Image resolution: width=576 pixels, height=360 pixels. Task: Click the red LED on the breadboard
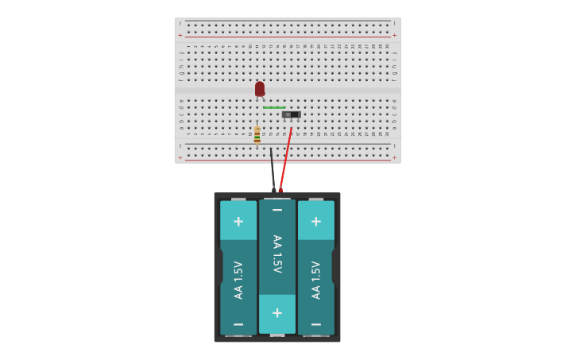260,88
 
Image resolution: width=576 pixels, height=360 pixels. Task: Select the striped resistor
257,134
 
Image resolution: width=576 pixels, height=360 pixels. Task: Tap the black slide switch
292,114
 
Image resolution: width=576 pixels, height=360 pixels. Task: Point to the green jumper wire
274,107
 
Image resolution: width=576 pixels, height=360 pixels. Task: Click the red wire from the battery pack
286,159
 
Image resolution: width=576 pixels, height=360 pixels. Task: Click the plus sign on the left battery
238,221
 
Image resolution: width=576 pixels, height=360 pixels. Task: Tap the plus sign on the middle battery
277,313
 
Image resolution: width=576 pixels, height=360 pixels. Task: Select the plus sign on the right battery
316,221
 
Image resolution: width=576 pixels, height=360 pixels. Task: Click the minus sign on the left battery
238,324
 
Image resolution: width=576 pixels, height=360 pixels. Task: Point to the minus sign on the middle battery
277,210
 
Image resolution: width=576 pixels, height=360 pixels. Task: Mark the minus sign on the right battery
316,324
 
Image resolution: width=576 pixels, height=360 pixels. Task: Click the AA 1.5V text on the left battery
238,280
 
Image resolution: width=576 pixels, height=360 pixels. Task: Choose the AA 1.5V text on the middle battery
277,254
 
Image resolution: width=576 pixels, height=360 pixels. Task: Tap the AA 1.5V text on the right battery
316,280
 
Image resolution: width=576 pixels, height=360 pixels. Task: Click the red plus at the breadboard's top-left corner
180,35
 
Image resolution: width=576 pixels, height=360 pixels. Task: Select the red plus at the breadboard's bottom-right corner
394,157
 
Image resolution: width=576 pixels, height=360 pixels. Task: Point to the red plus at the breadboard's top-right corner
394,35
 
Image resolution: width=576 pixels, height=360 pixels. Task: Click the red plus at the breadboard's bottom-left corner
180,157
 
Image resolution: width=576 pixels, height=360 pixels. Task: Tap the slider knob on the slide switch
288,114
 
